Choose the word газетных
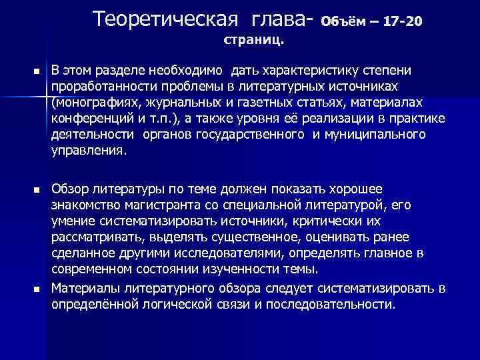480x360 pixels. click(261, 103)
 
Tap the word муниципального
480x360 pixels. click(388, 135)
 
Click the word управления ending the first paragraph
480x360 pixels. click(87, 151)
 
